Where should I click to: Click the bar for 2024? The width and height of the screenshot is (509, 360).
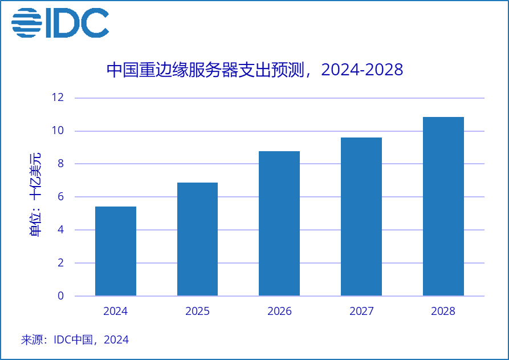[x=116, y=251]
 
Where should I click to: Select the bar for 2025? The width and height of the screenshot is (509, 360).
[x=197, y=239]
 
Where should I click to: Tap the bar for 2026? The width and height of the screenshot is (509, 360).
[x=279, y=224]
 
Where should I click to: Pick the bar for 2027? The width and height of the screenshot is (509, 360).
[x=361, y=217]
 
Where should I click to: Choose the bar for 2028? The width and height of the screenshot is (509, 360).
[x=443, y=207]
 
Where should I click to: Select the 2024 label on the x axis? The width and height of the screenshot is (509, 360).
[x=116, y=312]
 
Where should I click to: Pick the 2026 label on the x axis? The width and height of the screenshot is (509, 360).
[x=279, y=312]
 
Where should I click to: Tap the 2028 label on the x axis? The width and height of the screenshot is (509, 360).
[x=443, y=312]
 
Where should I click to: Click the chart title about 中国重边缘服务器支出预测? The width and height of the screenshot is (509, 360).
[x=255, y=70]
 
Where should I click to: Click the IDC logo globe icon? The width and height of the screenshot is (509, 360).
[x=26, y=23]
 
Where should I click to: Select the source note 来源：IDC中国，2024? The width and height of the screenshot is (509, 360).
[x=75, y=340]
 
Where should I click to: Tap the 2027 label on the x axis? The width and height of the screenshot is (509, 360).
[x=361, y=312]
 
